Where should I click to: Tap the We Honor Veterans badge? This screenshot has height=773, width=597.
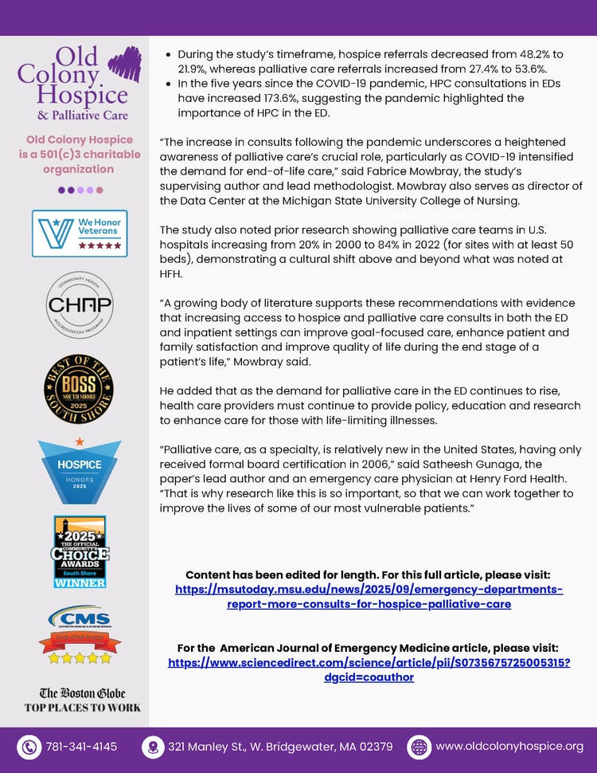pyautogui.click(x=80, y=233)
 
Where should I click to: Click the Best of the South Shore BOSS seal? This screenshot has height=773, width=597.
pyautogui.click(x=78, y=389)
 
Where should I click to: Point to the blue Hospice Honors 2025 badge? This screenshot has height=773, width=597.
pyautogui.click(x=79, y=470)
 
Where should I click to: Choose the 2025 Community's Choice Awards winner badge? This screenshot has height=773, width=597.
pyautogui.click(x=79, y=551)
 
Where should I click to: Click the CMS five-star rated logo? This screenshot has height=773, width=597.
pyautogui.click(x=79, y=635)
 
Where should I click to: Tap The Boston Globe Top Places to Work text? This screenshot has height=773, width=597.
pyautogui.click(x=82, y=700)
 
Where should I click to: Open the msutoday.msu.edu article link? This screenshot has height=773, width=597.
pyautogui.click(x=369, y=596)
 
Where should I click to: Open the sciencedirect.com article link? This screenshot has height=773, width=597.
pyautogui.click(x=369, y=669)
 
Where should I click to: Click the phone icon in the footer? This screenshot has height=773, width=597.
pyautogui.click(x=29, y=747)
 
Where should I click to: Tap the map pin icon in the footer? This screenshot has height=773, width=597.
pyautogui.click(x=152, y=747)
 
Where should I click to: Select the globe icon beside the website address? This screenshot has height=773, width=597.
pyautogui.click(x=419, y=747)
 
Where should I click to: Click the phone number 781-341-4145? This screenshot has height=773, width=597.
pyautogui.click(x=81, y=747)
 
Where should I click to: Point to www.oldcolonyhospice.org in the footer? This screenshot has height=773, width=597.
pyautogui.click(x=509, y=747)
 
